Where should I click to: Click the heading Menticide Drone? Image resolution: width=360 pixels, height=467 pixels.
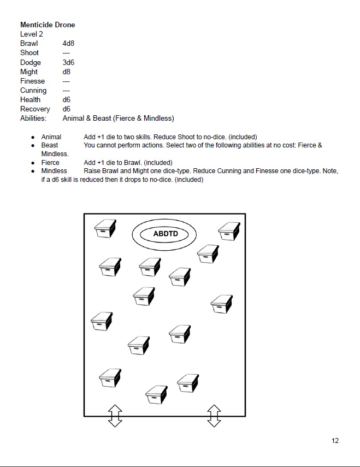tap(48, 25)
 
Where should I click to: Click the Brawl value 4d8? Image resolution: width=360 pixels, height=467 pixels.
tap(68, 43)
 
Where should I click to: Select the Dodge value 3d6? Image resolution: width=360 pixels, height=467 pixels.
tap(68, 62)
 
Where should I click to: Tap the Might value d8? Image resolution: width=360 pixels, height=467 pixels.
tap(67, 72)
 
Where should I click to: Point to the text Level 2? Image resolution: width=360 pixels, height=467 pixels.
tap(32, 34)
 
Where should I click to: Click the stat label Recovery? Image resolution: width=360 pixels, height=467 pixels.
tap(35, 109)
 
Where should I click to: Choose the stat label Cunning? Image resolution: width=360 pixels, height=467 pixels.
tap(33, 90)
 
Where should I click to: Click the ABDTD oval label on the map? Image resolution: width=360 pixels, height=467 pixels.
tap(163, 234)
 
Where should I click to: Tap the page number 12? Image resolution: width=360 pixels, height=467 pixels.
tap(335, 441)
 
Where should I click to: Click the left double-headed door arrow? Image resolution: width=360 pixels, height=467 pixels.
tap(115, 416)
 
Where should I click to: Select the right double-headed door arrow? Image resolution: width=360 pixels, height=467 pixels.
tap(214, 416)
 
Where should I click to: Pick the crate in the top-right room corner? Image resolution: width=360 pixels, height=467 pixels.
tap(229, 230)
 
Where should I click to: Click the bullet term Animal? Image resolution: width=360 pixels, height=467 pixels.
tap(51, 137)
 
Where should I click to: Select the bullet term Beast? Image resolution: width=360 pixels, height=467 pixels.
tap(50, 145)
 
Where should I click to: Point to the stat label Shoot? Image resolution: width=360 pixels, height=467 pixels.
tap(29, 52)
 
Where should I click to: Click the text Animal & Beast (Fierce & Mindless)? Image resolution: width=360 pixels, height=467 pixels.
tap(118, 118)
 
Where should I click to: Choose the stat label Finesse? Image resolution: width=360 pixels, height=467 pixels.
tap(33, 81)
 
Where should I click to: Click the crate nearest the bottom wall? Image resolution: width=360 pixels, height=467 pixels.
tap(157, 394)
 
